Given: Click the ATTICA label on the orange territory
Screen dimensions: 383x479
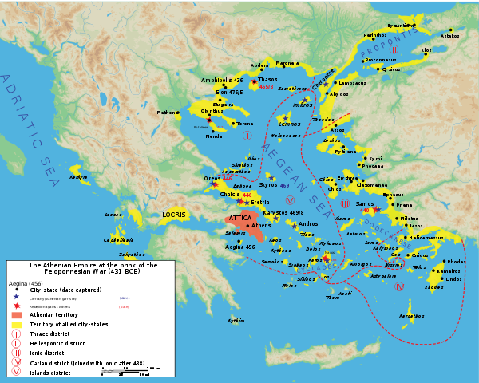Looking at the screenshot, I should [241, 217].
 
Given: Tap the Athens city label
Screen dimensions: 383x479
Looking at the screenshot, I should [262, 226].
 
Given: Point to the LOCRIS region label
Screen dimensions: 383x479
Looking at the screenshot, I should [174, 215].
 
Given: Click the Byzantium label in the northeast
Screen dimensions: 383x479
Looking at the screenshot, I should [401, 26].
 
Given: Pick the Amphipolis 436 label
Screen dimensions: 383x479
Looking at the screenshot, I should [222, 81].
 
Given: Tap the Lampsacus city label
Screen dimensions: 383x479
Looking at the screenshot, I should [352, 83].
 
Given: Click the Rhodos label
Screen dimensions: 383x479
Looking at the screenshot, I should [456, 262].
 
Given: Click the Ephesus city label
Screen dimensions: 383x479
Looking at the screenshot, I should [394, 195].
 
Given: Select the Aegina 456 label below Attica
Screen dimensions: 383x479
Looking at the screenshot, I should [240, 247].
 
